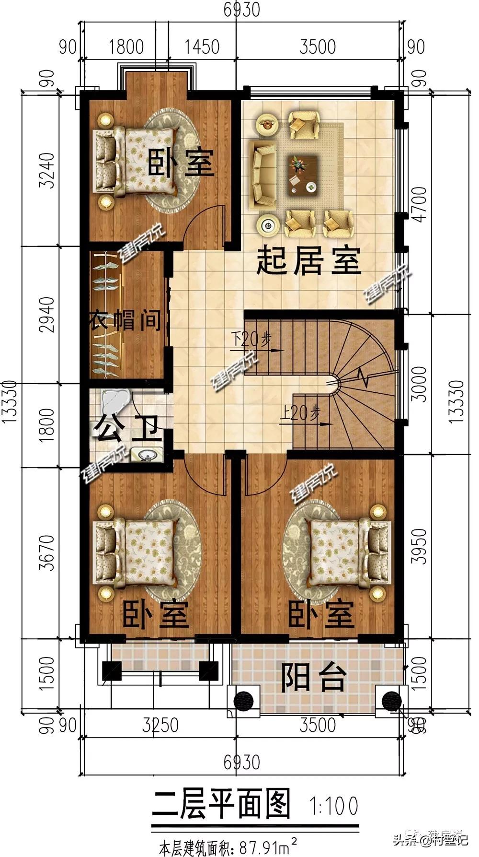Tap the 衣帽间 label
coord(125,320)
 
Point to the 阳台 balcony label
coord(314,677)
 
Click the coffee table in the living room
coord(303,175)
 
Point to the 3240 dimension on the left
coord(46,170)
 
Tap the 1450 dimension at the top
coord(203,47)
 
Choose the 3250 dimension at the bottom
coord(160,725)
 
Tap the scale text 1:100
coord(334,806)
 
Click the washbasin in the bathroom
coord(148,453)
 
